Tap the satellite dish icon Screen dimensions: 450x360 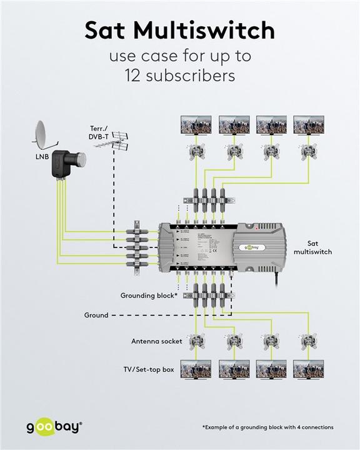click(x=42, y=133)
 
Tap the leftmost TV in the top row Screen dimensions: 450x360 click(x=196, y=124)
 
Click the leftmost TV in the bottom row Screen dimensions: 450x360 click(x=196, y=368)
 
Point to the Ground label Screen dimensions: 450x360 click(x=96, y=316)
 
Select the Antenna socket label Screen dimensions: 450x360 click(x=156, y=341)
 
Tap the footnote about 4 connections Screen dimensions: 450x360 click(x=267, y=427)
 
